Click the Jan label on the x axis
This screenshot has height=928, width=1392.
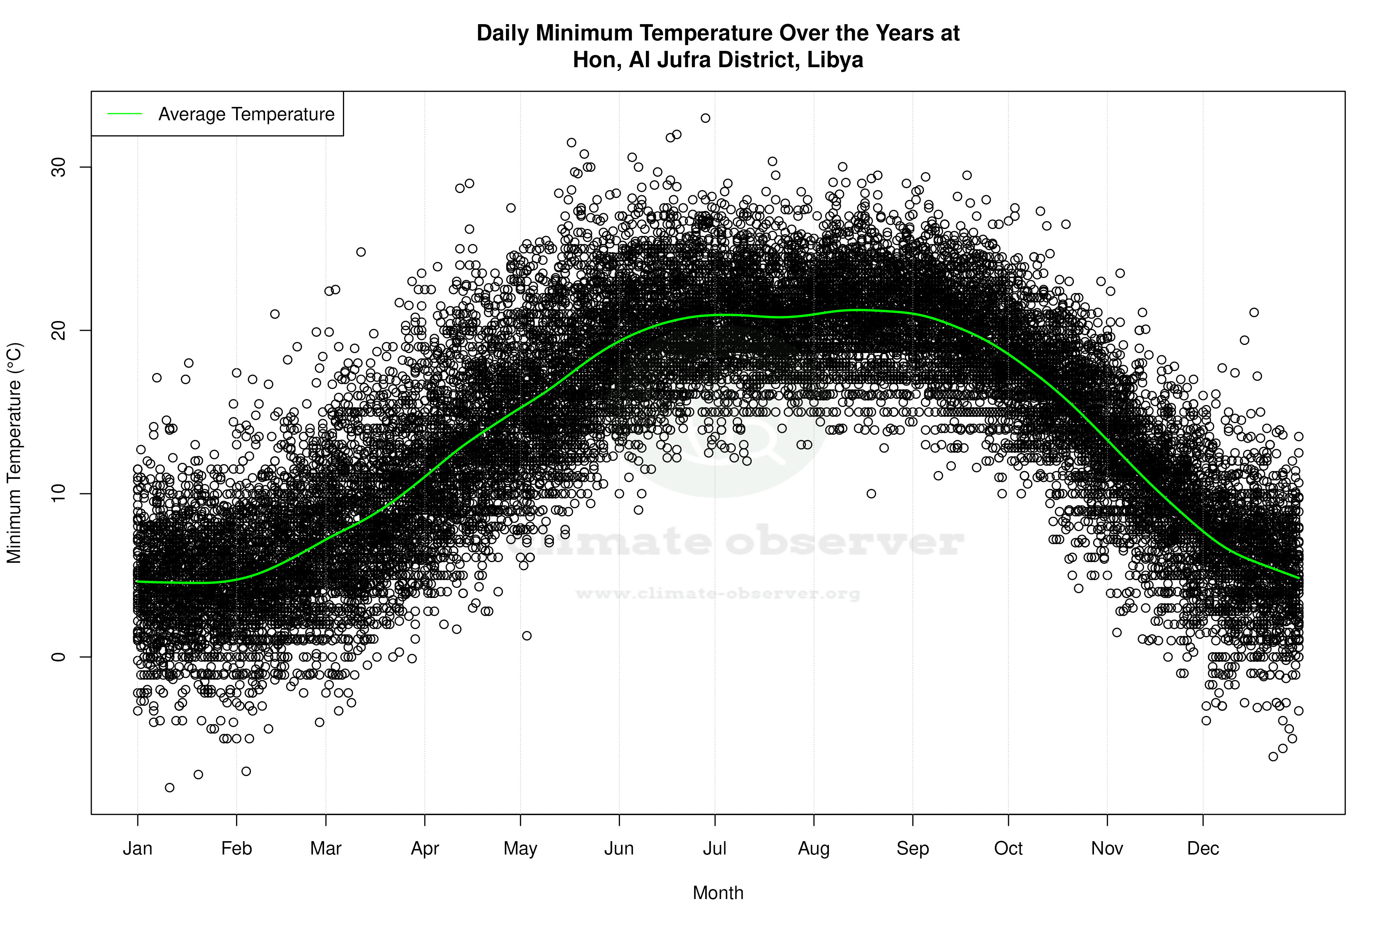coord(138,849)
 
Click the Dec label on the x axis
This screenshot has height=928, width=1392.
coord(1203,849)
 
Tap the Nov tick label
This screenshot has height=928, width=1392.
coord(1107,849)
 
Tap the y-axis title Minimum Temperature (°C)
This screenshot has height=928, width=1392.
coord(14,453)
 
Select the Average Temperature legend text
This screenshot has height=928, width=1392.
coord(246,114)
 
